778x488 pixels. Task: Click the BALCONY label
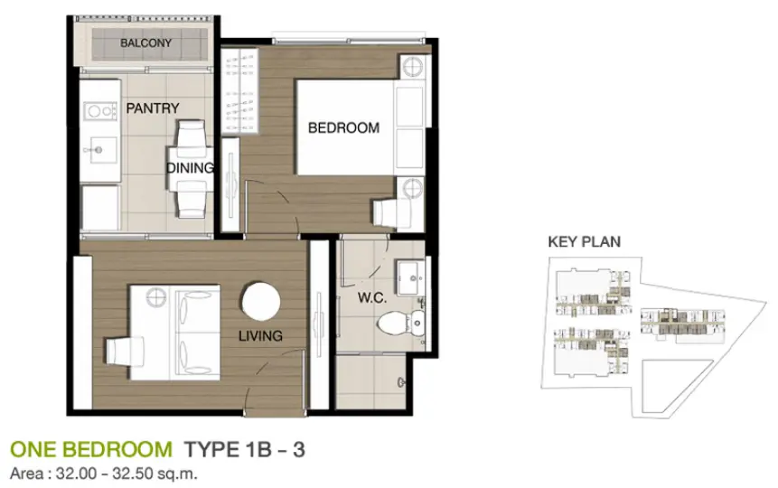coord(145,42)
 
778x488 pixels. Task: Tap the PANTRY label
coord(153,108)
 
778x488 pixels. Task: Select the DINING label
coord(190,168)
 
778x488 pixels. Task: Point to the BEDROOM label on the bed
coord(343,128)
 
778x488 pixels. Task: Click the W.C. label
coord(372,298)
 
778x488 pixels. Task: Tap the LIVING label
coord(260,336)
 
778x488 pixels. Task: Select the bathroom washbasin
coord(409,277)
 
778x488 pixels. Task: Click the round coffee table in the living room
coord(261,302)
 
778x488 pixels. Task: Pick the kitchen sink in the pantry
coord(100,149)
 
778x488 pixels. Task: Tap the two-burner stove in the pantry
coord(100,111)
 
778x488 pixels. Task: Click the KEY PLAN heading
coord(584,242)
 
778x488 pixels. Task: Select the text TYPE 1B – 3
coord(245,450)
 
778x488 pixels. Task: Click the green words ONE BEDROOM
coord(91,450)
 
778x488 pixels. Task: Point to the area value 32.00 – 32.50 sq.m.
coord(127,474)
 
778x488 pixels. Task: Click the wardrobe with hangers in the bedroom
coord(240,91)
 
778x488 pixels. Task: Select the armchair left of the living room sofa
coord(124,352)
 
